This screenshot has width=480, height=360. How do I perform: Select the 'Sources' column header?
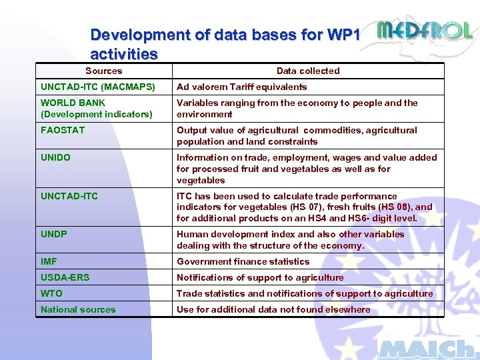point(104,71)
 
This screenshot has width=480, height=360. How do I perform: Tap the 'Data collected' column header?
point(308,71)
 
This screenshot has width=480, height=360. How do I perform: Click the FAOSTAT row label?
point(63,130)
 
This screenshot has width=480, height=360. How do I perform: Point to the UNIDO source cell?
point(55,157)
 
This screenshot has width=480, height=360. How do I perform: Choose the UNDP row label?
point(54,234)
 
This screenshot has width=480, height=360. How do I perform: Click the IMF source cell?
point(49,261)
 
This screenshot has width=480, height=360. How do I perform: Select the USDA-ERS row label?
point(65,277)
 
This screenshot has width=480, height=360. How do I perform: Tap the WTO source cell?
point(51,293)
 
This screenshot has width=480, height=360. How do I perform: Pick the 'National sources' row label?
point(78,309)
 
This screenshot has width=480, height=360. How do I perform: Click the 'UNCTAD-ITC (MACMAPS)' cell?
point(97,87)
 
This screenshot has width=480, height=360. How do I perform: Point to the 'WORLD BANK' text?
point(73,103)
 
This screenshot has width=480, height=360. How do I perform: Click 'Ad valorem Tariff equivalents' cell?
point(241,87)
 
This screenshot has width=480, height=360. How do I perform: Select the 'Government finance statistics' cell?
point(243,261)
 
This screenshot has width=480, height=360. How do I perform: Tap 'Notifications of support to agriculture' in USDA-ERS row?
point(260,277)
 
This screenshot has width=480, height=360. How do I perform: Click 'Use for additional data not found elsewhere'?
point(273,309)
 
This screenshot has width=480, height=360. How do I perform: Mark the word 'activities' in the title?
point(124,53)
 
